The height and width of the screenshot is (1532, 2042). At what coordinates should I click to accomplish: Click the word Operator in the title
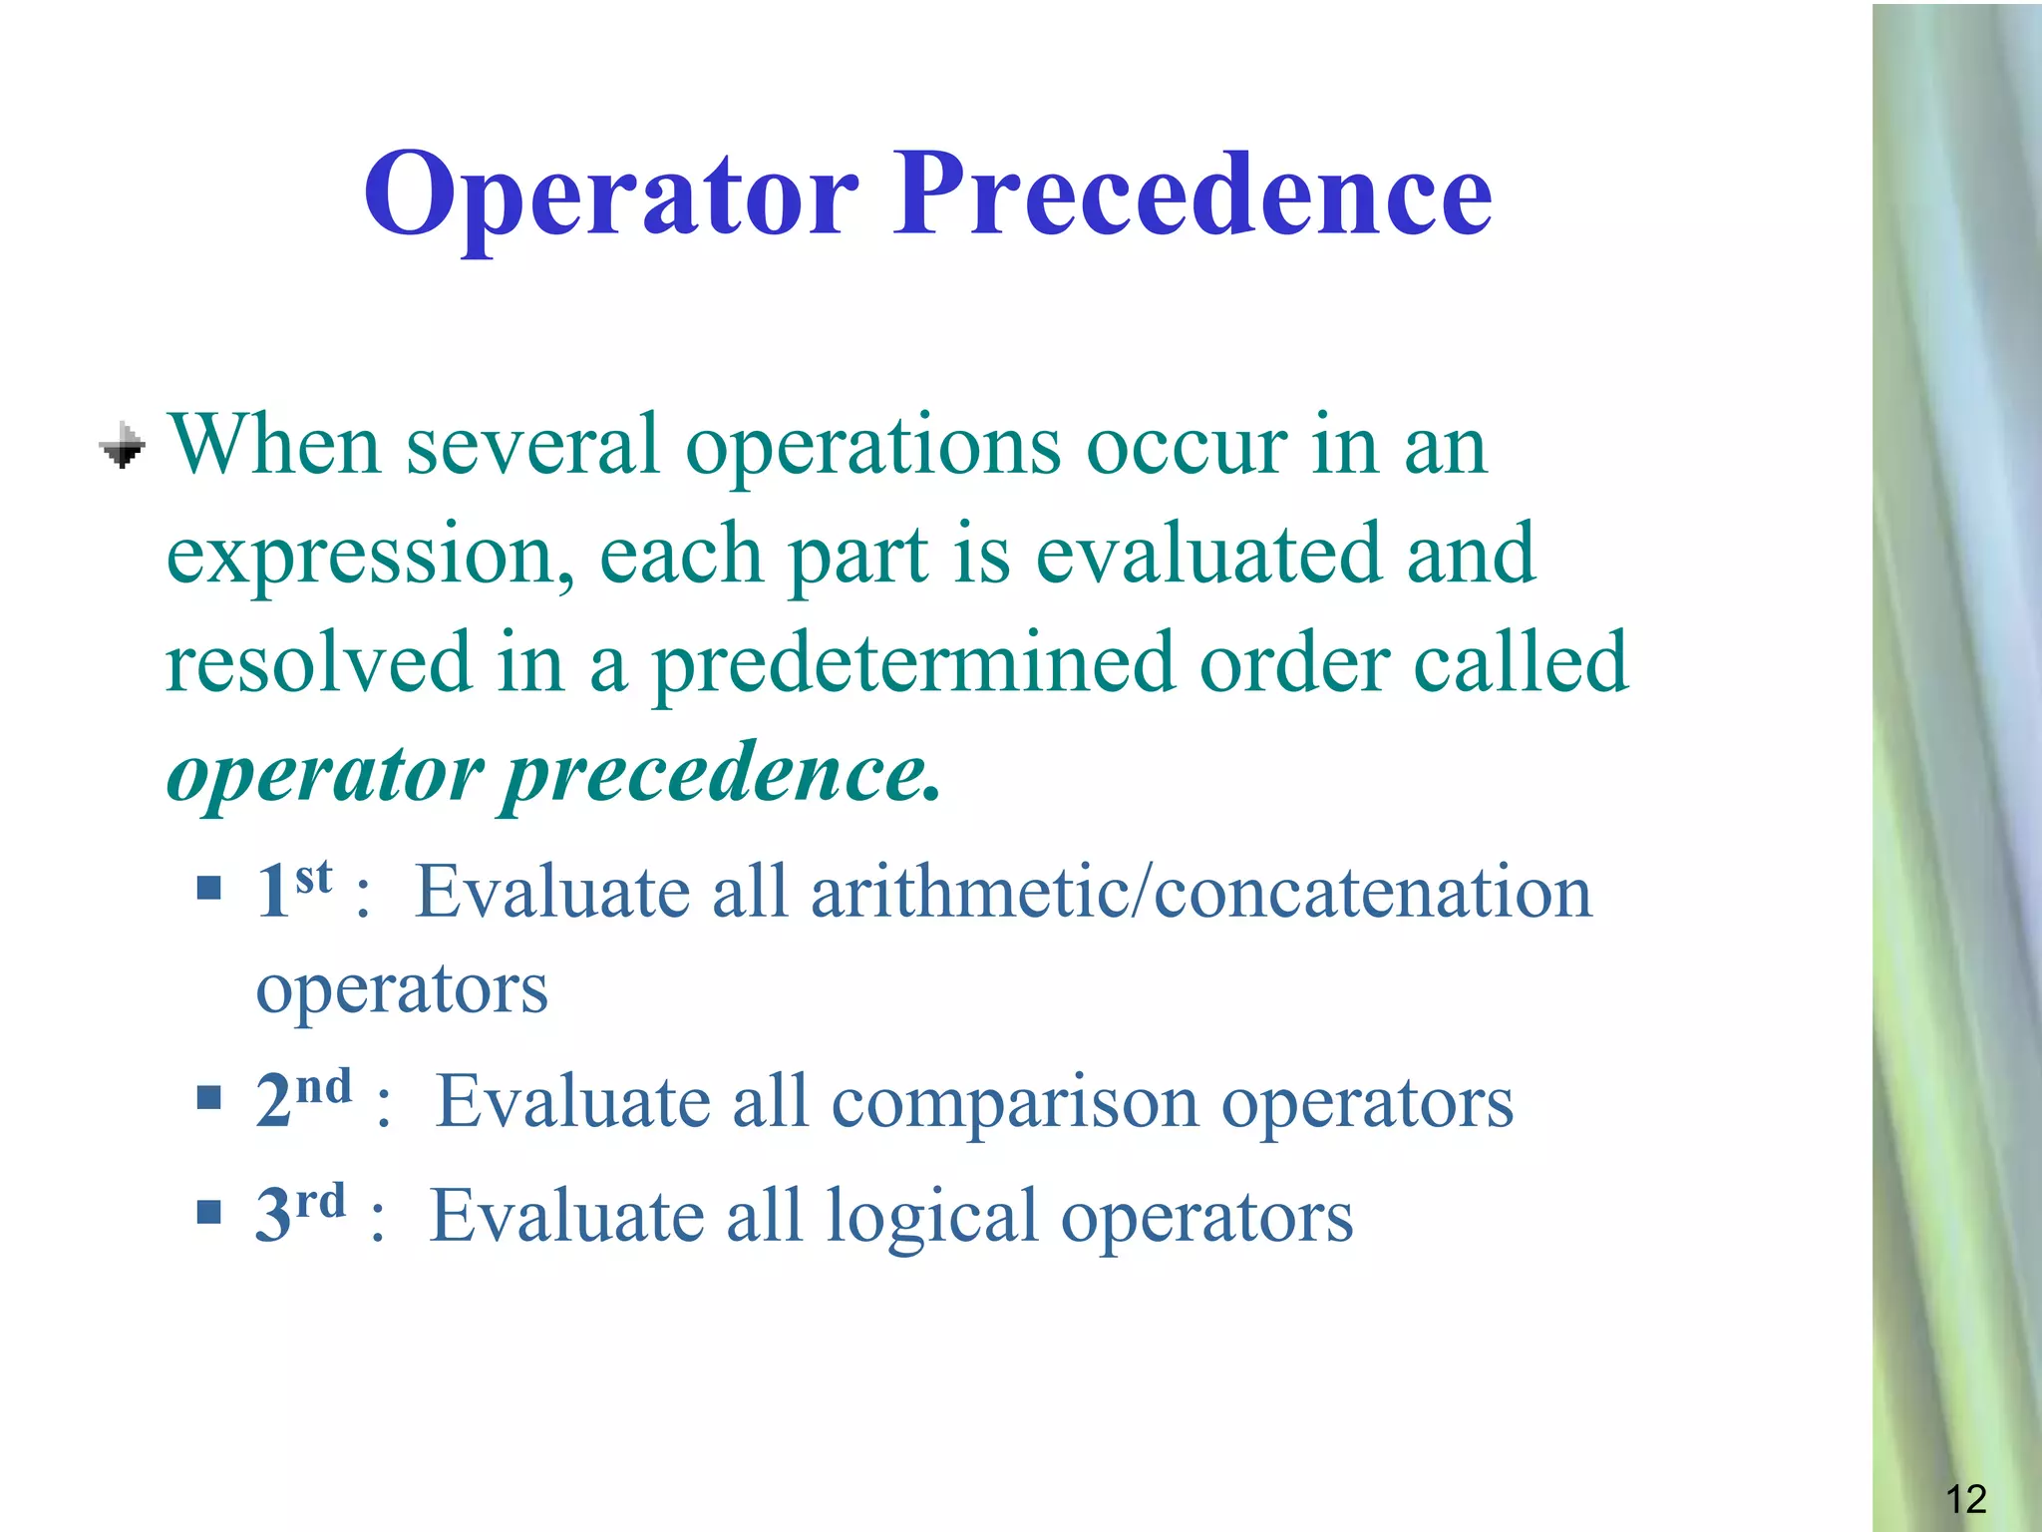pos(610,194)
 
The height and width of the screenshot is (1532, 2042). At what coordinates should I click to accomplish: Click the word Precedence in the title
pos(1191,194)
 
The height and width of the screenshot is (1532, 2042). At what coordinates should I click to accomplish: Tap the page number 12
pos(1965,1499)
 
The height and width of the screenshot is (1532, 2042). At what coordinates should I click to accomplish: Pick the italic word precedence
pos(720,775)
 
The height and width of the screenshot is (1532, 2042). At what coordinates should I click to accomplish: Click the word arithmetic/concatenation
pos(1200,892)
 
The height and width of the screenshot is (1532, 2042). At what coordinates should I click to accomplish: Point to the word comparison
pos(1014,1105)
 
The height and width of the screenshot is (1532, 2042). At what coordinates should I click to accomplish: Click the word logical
pos(932,1219)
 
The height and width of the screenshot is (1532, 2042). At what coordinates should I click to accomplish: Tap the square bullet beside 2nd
pos(208,1098)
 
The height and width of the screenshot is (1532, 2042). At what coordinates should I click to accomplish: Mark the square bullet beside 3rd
pos(208,1212)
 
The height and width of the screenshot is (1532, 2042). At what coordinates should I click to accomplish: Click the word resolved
pos(318,663)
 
